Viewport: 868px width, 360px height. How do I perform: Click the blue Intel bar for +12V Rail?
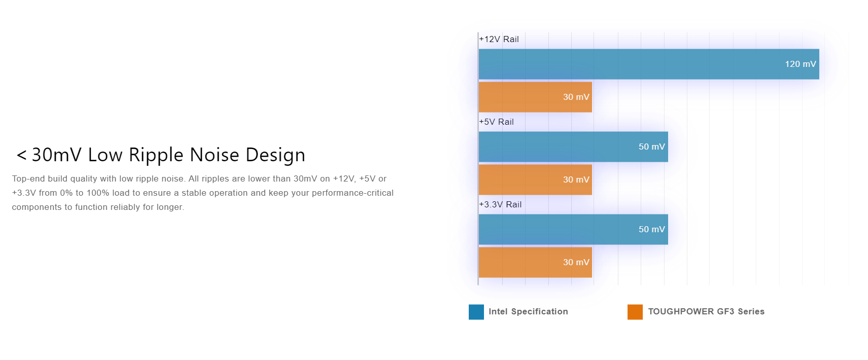(648, 64)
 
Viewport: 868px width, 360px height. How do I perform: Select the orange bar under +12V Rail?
(535, 97)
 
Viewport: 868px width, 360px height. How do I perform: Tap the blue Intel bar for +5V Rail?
(573, 147)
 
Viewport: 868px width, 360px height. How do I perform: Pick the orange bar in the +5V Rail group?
(535, 179)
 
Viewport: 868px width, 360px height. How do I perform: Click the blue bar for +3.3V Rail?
(573, 229)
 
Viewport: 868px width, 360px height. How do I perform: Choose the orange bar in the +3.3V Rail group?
(535, 262)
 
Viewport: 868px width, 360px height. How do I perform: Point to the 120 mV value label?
(800, 64)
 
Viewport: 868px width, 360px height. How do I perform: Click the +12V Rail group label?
(499, 39)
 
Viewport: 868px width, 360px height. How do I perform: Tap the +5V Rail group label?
(496, 122)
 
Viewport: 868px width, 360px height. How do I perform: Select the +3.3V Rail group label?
(500, 204)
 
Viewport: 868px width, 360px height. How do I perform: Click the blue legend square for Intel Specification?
(476, 312)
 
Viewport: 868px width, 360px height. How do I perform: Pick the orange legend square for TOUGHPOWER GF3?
(635, 312)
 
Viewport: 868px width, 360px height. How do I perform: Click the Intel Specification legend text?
(528, 311)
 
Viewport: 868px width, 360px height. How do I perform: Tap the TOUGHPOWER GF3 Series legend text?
(706, 311)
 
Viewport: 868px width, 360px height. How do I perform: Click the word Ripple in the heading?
(156, 155)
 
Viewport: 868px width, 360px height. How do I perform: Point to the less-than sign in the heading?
(21, 155)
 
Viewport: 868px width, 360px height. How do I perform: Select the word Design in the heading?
(275, 155)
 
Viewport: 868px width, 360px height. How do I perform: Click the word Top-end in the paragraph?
(28, 178)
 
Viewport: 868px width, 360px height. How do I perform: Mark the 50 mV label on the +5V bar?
(651, 147)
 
